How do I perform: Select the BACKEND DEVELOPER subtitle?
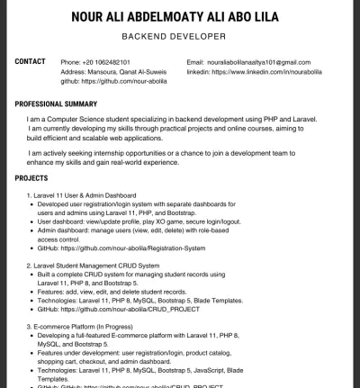179,39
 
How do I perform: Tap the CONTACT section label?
31,61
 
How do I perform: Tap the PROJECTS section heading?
36,178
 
